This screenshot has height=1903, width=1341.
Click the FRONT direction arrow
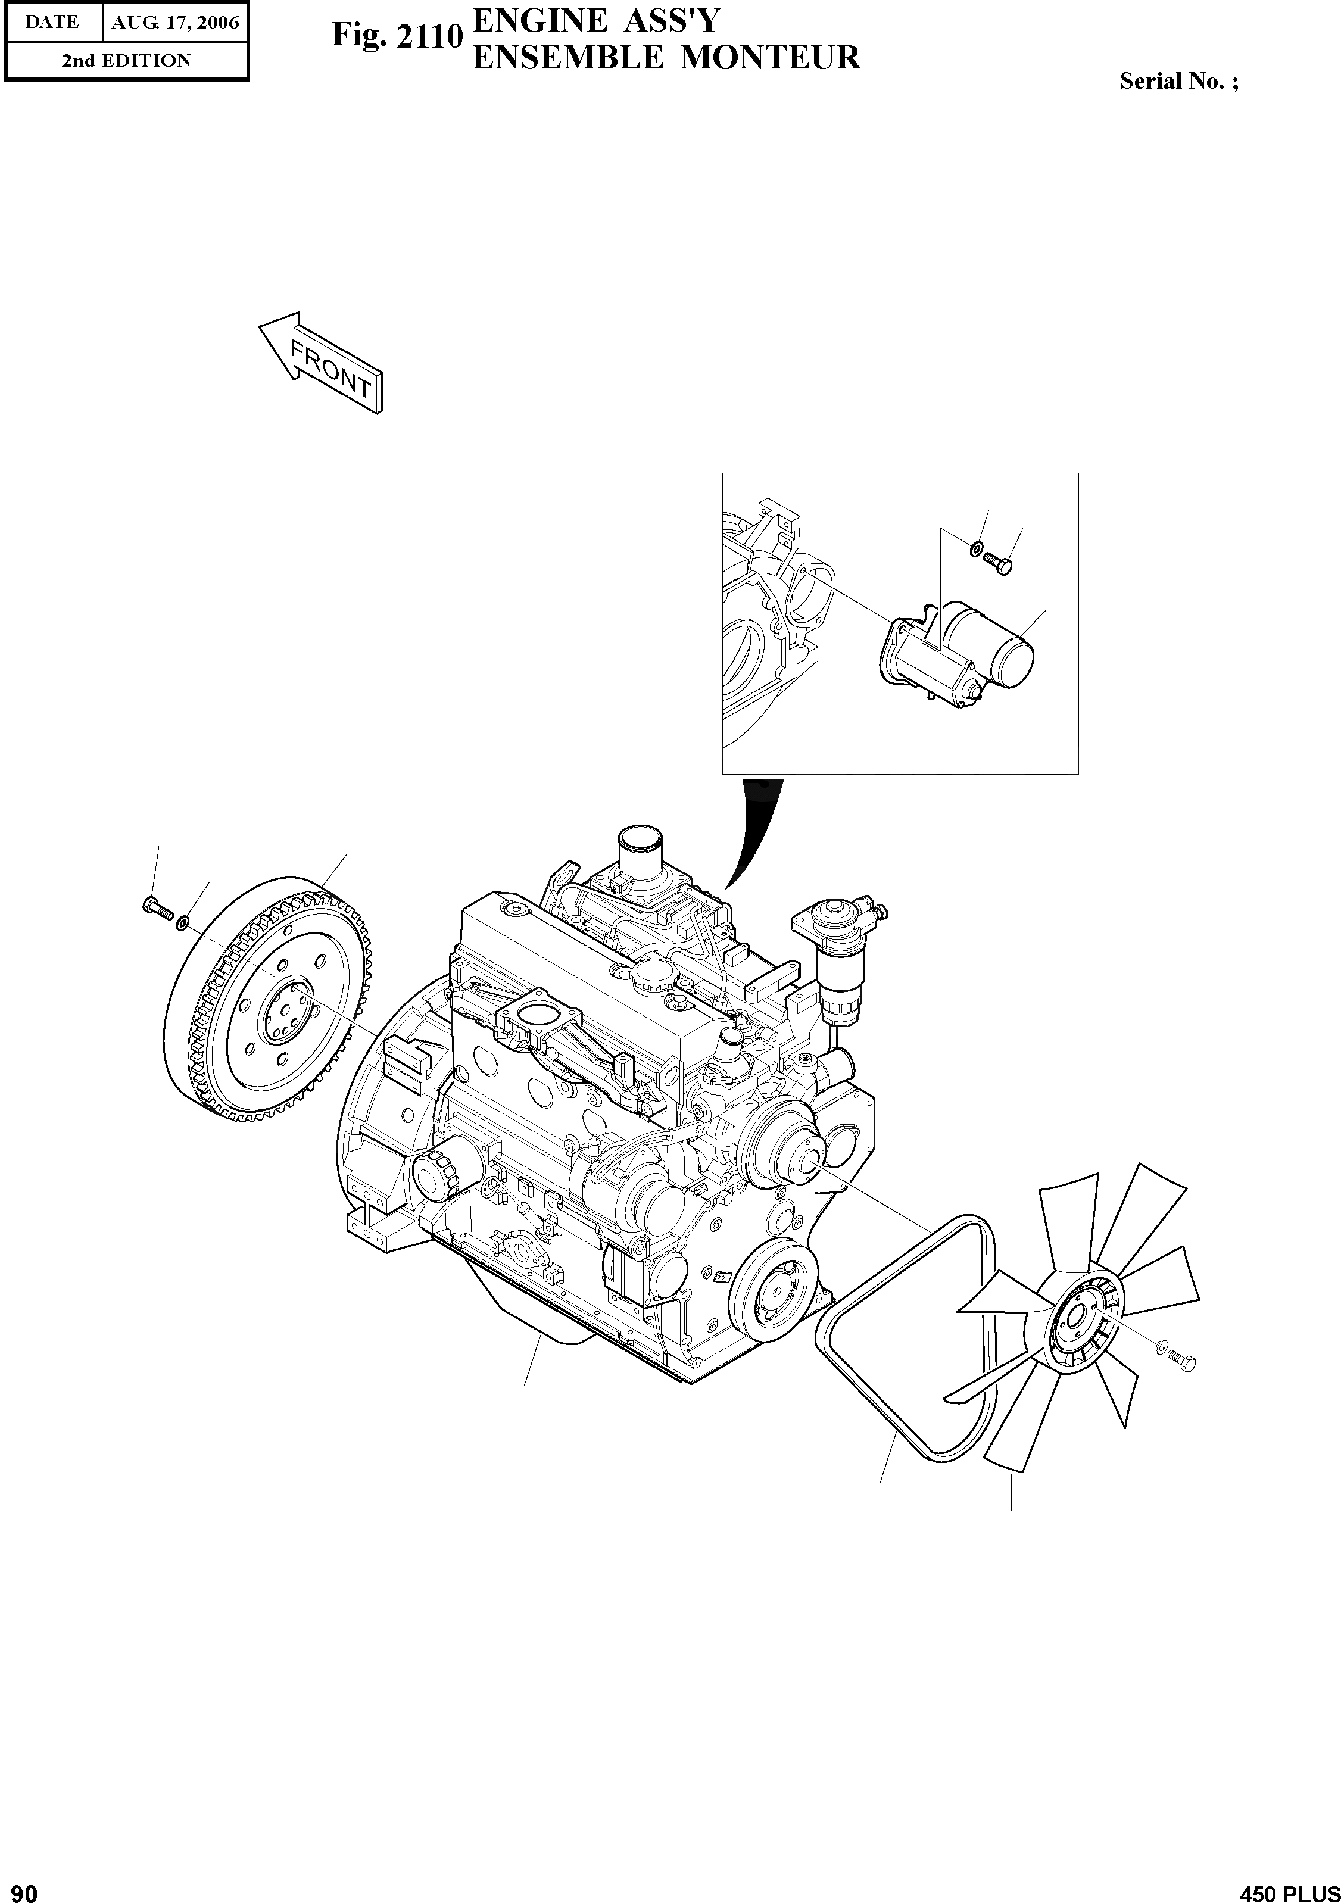tap(321, 361)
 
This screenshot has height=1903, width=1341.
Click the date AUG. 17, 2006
tap(175, 23)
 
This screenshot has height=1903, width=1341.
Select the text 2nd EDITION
tap(126, 61)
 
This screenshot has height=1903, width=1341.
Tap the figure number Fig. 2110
tap(396, 36)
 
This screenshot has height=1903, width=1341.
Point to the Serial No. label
tap(1178, 81)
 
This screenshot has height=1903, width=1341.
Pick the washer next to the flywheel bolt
tap(183, 921)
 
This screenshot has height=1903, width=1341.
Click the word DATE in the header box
tap(52, 23)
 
